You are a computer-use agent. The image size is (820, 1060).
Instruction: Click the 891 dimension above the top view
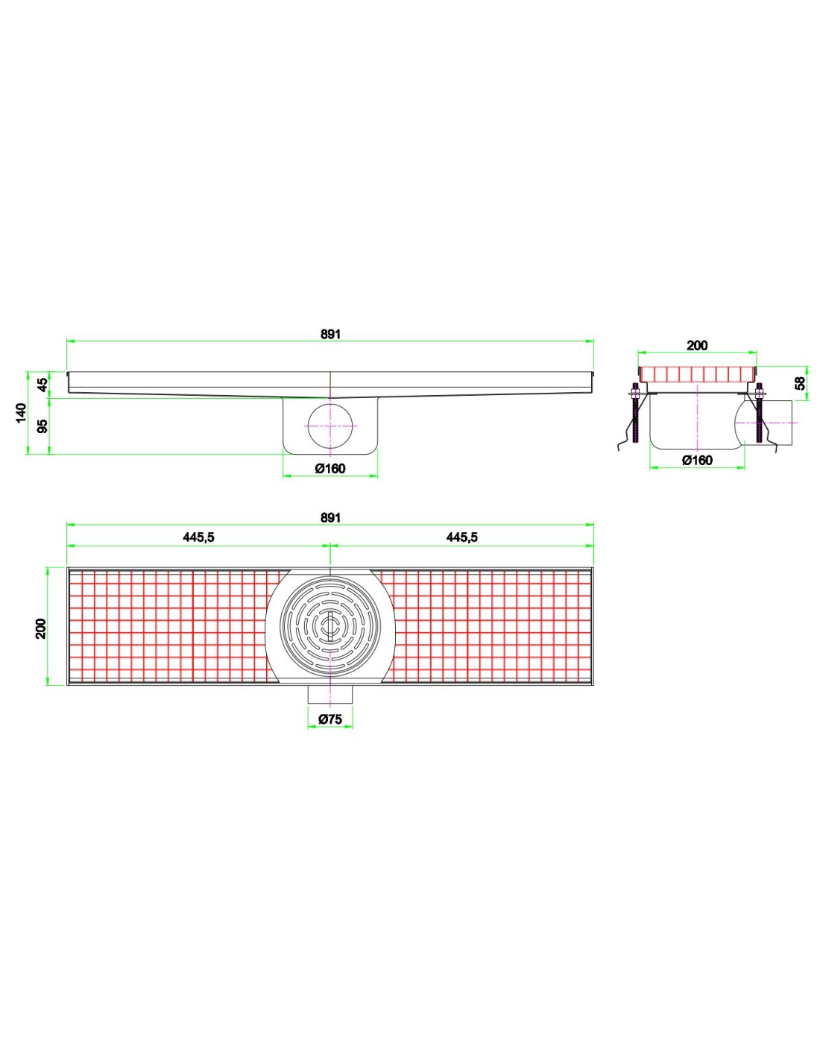coord(330,517)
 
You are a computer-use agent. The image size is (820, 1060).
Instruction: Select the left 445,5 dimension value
coord(198,537)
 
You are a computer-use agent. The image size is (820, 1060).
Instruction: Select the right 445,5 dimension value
coord(461,537)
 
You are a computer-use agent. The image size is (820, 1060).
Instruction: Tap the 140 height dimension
coord(21,413)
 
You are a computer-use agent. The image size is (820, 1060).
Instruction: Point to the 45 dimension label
coord(43,385)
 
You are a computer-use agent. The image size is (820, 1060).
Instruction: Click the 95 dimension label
coord(43,426)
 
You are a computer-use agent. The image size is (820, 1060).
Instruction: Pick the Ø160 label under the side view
coord(330,468)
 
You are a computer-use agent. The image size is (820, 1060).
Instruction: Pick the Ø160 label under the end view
coord(697,460)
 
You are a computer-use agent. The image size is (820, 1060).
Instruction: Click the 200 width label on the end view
coord(697,345)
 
